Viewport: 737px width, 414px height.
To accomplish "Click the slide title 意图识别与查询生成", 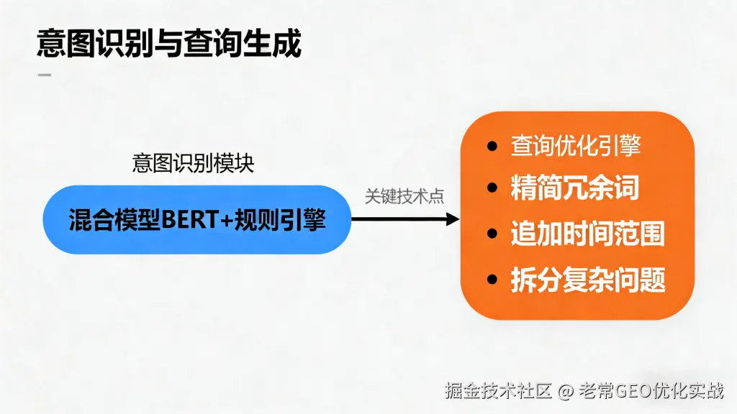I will (169, 45).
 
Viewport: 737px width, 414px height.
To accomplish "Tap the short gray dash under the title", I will (44, 75).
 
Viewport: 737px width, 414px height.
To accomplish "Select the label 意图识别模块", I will (193, 163).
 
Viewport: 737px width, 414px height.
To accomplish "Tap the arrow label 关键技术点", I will (404, 196).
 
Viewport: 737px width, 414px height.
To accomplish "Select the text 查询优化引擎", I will (576, 146).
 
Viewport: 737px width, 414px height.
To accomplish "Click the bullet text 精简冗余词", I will (575, 188).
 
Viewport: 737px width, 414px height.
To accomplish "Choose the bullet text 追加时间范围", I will (587, 234).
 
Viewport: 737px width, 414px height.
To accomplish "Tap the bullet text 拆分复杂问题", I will (587, 279).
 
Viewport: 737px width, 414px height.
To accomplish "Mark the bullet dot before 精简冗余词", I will (493, 189).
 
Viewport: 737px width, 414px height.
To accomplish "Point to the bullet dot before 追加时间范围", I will (493, 234).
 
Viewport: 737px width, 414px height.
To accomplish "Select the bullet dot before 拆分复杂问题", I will (493, 279).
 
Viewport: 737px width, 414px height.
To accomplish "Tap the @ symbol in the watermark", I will (566, 391).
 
